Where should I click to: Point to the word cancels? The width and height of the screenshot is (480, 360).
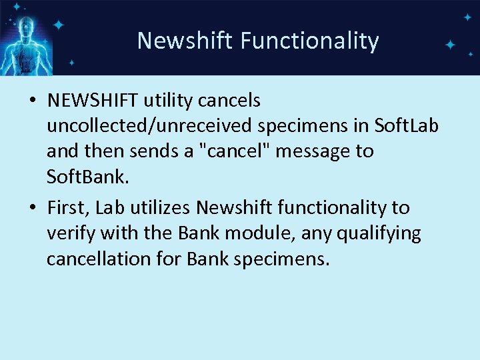click(234, 100)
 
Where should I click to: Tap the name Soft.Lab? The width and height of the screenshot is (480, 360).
click(407, 125)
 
